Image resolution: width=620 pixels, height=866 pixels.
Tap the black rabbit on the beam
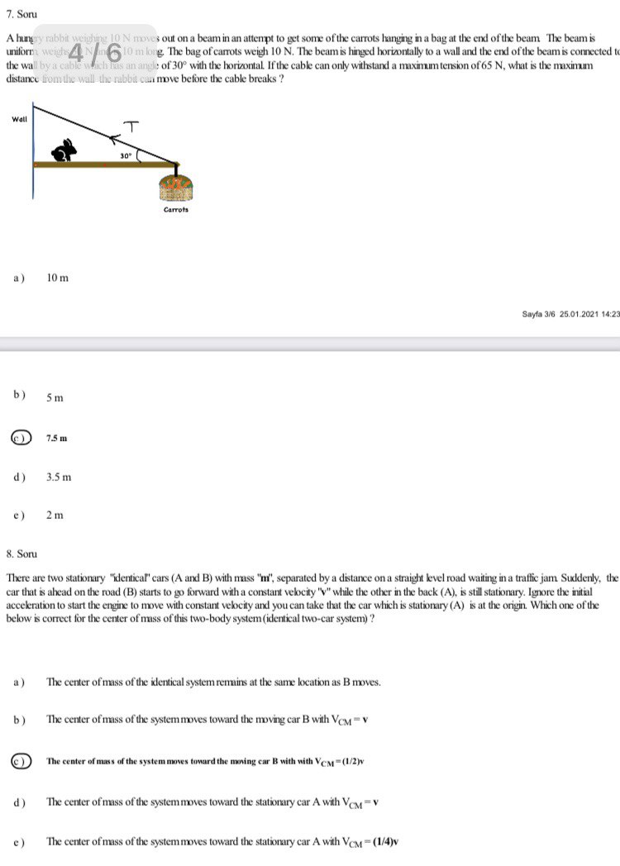pos(65,150)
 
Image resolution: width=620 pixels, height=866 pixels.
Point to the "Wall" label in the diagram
pos(19,119)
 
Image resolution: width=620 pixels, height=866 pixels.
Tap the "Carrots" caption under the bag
pos(175,210)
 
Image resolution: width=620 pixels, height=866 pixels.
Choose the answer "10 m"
pos(58,278)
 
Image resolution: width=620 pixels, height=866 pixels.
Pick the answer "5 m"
pos(55,398)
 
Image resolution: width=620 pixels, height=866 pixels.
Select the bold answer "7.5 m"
pos(56,437)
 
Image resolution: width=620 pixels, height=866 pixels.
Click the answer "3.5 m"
pos(59,477)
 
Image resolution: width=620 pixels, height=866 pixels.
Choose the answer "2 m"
pos(55,515)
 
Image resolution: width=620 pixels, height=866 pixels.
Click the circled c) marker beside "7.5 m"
pos(21,437)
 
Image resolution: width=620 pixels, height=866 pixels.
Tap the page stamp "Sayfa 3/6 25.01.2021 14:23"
pos(570,314)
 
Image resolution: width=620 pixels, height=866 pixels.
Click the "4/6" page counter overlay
pos(97,52)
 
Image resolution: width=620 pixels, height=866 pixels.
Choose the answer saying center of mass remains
pos(213,682)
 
